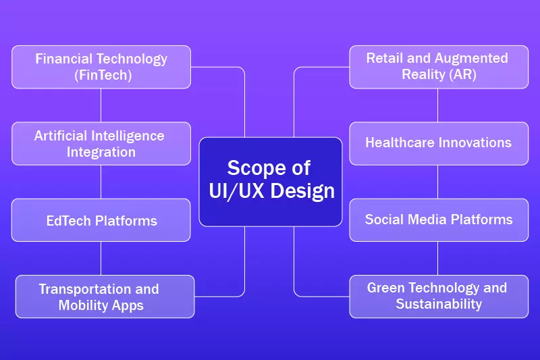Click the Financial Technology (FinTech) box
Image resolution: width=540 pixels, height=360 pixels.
pyautogui.click(x=101, y=67)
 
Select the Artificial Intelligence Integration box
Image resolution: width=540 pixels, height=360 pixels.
pyautogui.click(x=101, y=143)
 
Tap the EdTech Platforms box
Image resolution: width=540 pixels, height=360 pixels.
pyautogui.click(x=101, y=220)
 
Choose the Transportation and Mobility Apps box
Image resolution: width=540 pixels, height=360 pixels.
pyautogui.click(x=105, y=297)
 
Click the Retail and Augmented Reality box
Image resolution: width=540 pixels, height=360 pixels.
pyautogui.click(x=439, y=67)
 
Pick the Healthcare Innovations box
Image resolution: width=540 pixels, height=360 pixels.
pyautogui.click(x=439, y=143)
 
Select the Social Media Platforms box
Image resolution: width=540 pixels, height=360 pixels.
pyautogui.click(x=439, y=220)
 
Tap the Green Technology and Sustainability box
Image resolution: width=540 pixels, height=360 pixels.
pyautogui.click(x=439, y=297)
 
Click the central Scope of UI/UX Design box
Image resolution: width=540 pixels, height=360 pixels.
pyautogui.click(x=271, y=181)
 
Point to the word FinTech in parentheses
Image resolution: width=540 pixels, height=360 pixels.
pyautogui.click(x=102, y=75)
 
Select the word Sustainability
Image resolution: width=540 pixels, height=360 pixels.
pyautogui.click(x=439, y=304)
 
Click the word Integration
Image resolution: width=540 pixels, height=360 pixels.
pyautogui.click(x=101, y=152)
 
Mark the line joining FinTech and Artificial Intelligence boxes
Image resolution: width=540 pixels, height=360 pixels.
pyautogui.click(x=101, y=105)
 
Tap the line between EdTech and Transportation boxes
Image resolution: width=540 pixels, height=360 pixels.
pyautogui.click(x=101, y=258)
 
